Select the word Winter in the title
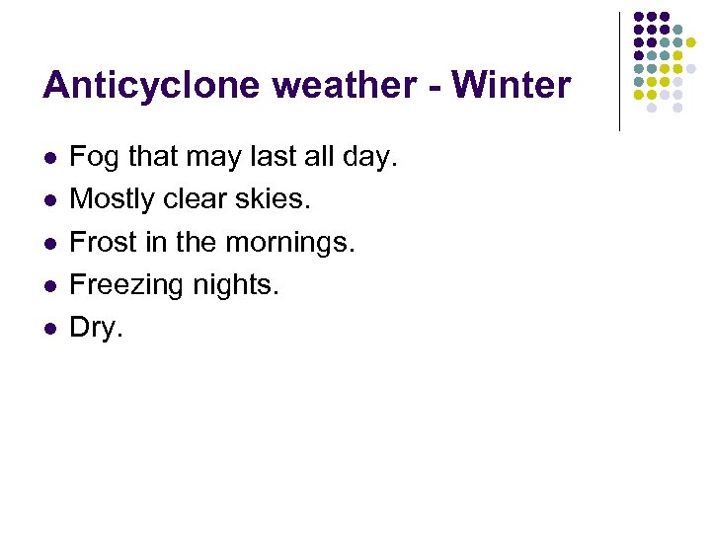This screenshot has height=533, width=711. coord(511,86)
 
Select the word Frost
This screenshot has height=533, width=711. coord(103,242)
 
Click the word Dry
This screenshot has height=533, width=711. coord(96,329)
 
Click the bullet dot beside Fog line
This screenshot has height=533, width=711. coord(48,158)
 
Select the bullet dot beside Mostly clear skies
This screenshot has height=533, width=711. coord(48,200)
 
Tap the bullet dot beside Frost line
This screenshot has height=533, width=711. coord(48,243)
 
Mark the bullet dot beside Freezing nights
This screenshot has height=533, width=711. coord(48,286)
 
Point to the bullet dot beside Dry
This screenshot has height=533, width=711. coord(48,329)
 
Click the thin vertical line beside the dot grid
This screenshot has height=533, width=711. coord(619,71)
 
